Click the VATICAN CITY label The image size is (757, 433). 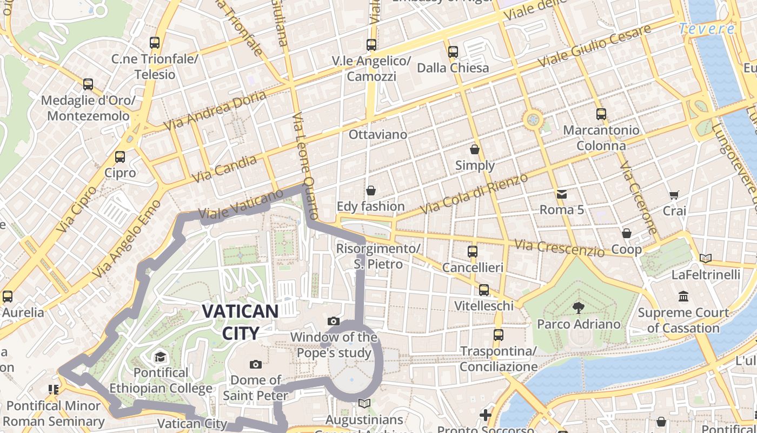click(x=240, y=322)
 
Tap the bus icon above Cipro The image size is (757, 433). click(x=120, y=157)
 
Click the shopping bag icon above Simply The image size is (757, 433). click(x=475, y=149)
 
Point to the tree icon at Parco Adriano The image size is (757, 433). click(x=579, y=307)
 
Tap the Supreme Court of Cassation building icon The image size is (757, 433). click(x=683, y=296)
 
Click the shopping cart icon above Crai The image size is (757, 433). click(x=674, y=195)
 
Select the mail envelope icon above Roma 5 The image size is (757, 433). click(x=562, y=194)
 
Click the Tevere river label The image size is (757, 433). click(x=706, y=29)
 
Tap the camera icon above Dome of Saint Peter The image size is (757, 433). click(x=256, y=364)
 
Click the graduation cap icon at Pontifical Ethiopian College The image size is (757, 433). click(x=160, y=357)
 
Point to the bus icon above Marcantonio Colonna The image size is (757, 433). click(x=601, y=114)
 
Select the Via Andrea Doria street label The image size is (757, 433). click(x=215, y=110)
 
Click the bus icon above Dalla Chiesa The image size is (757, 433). click(x=453, y=52)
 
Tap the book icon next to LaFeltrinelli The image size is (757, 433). click(x=705, y=258)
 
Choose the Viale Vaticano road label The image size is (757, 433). click(x=241, y=204)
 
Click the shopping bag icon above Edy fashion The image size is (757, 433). click(x=371, y=191)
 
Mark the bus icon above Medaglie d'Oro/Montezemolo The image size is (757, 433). click(x=88, y=84)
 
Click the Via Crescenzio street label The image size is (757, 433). click(x=559, y=248)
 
